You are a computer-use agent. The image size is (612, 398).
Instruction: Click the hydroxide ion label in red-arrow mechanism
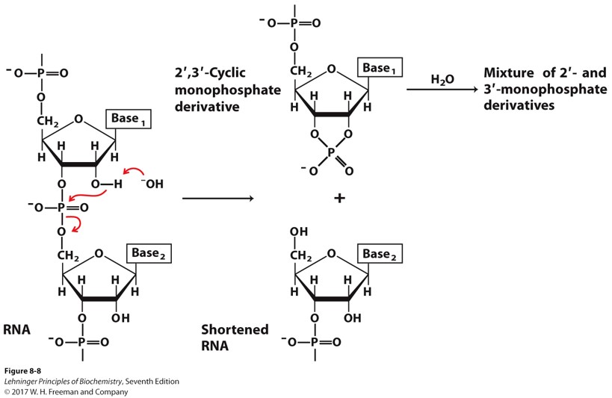coord(151,181)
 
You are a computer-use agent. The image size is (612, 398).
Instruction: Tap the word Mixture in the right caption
coord(511,73)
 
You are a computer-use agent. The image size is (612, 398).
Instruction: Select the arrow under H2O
coord(441,90)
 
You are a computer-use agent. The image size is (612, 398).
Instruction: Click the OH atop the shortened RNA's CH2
coord(298,231)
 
